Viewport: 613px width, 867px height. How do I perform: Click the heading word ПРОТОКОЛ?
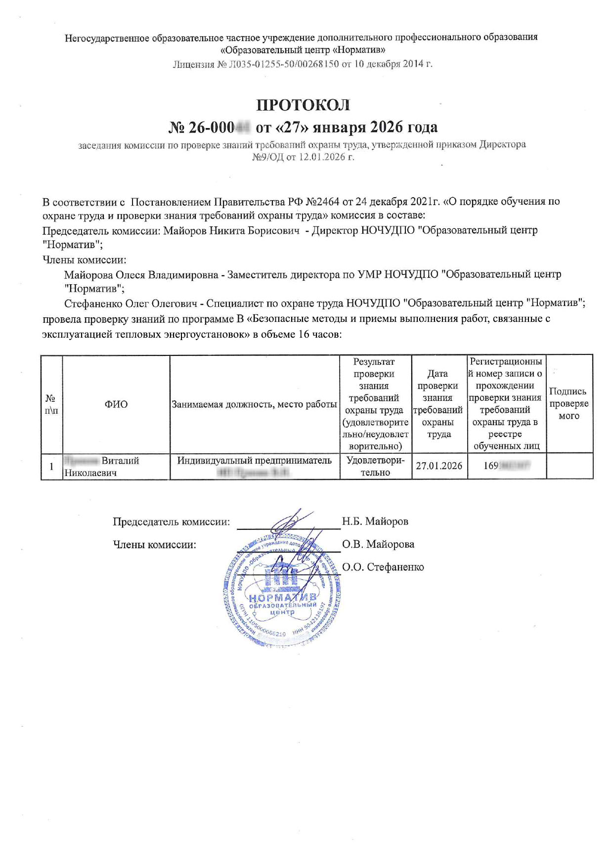click(x=303, y=105)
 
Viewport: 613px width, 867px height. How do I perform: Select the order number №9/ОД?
click(x=267, y=157)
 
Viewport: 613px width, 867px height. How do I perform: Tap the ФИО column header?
click(x=116, y=404)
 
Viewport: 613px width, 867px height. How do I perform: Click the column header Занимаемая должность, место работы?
click(x=254, y=404)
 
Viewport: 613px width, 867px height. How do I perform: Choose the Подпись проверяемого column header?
click(x=569, y=403)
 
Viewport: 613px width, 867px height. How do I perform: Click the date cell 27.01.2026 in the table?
click(x=439, y=466)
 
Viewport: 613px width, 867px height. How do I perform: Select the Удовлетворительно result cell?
click(x=375, y=466)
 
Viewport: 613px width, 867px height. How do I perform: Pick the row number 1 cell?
click(x=51, y=466)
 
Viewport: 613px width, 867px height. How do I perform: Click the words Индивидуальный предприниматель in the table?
click(x=254, y=461)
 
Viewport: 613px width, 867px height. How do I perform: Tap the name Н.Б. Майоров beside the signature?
click(x=375, y=521)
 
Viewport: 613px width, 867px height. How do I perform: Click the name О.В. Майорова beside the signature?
click(x=378, y=544)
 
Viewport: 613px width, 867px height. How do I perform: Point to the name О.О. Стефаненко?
click(x=383, y=567)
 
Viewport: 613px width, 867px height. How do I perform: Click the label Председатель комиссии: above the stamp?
click(x=171, y=521)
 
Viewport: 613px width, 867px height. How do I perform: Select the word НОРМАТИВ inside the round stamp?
click(x=282, y=598)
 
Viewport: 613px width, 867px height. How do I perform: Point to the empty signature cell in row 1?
click(x=569, y=466)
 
